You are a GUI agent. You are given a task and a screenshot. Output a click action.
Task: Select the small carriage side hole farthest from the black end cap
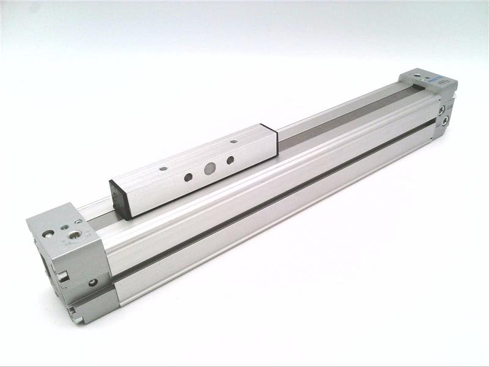[230, 160]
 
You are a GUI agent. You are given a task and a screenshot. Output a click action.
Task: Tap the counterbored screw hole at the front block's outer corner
[48, 233]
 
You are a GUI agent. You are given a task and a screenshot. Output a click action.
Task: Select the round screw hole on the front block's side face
[92, 283]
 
